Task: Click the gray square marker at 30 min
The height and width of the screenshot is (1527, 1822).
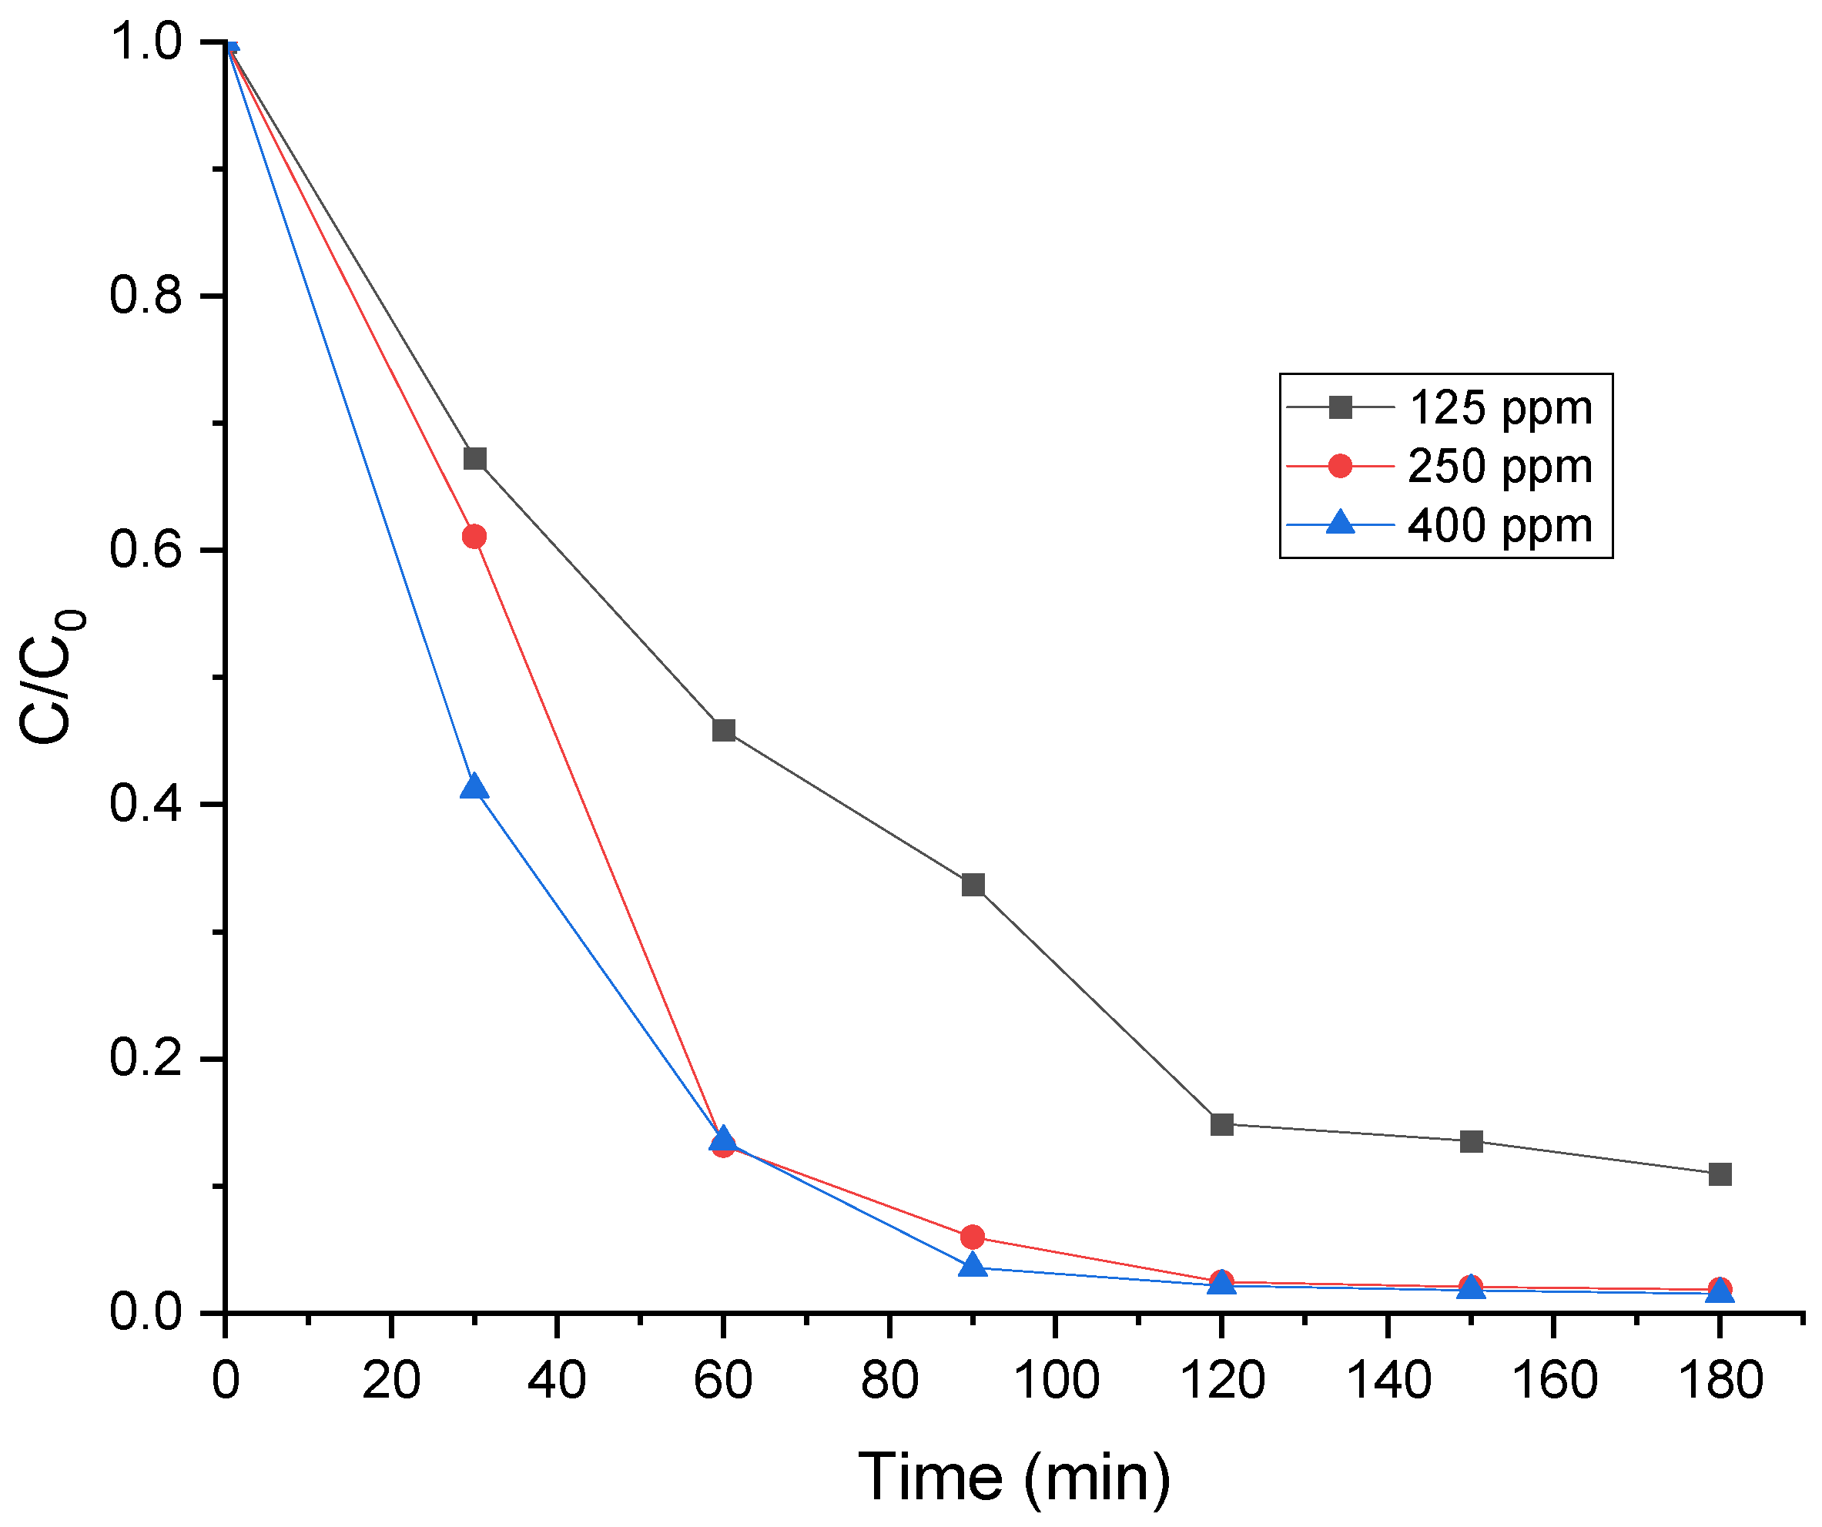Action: [x=474, y=458]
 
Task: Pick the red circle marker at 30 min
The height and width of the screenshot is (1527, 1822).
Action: [x=474, y=537]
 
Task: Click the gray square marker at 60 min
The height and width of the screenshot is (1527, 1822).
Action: [x=724, y=731]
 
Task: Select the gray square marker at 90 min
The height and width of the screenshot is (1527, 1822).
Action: [x=973, y=885]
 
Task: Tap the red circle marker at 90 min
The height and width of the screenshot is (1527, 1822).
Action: [x=973, y=1237]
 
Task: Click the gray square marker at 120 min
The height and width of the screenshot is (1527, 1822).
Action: [x=1222, y=1125]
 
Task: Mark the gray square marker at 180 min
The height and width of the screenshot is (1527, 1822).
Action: [x=1720, y=1175]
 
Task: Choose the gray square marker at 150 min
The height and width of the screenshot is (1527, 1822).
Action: [x=1472, y=1142]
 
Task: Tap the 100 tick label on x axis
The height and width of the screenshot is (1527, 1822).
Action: [x=1056, y=1379]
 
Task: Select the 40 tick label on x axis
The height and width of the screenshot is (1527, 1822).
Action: [x=557, y=1379]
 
